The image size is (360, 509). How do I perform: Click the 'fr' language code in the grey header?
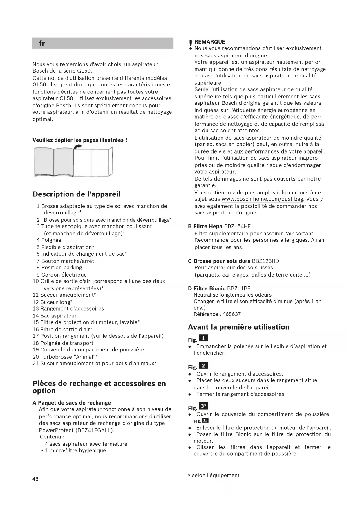[42, 44]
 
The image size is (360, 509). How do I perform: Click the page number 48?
[35, 479]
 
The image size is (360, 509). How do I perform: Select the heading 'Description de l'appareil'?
[76, 194]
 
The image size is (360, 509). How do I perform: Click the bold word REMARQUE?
[210, 42]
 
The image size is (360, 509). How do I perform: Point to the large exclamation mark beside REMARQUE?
[190, 45]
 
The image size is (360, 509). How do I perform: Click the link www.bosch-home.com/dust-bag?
[262, 199]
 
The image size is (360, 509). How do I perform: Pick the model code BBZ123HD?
[265, 261]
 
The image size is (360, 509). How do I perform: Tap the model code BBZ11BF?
[238, 288]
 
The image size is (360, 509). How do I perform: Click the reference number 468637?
[231, 314]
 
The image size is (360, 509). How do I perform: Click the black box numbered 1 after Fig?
[203, 338]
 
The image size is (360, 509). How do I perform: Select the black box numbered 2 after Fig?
[203, 366]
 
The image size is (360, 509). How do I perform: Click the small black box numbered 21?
[205, 421]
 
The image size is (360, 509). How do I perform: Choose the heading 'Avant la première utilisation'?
[238, 327]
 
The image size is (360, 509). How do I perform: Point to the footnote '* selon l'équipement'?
[214, 475]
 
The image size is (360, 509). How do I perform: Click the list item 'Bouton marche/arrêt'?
[67, 261]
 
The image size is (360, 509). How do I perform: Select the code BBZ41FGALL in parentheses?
[95, 430]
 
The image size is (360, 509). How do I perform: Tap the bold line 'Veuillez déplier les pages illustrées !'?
[80, 140]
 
